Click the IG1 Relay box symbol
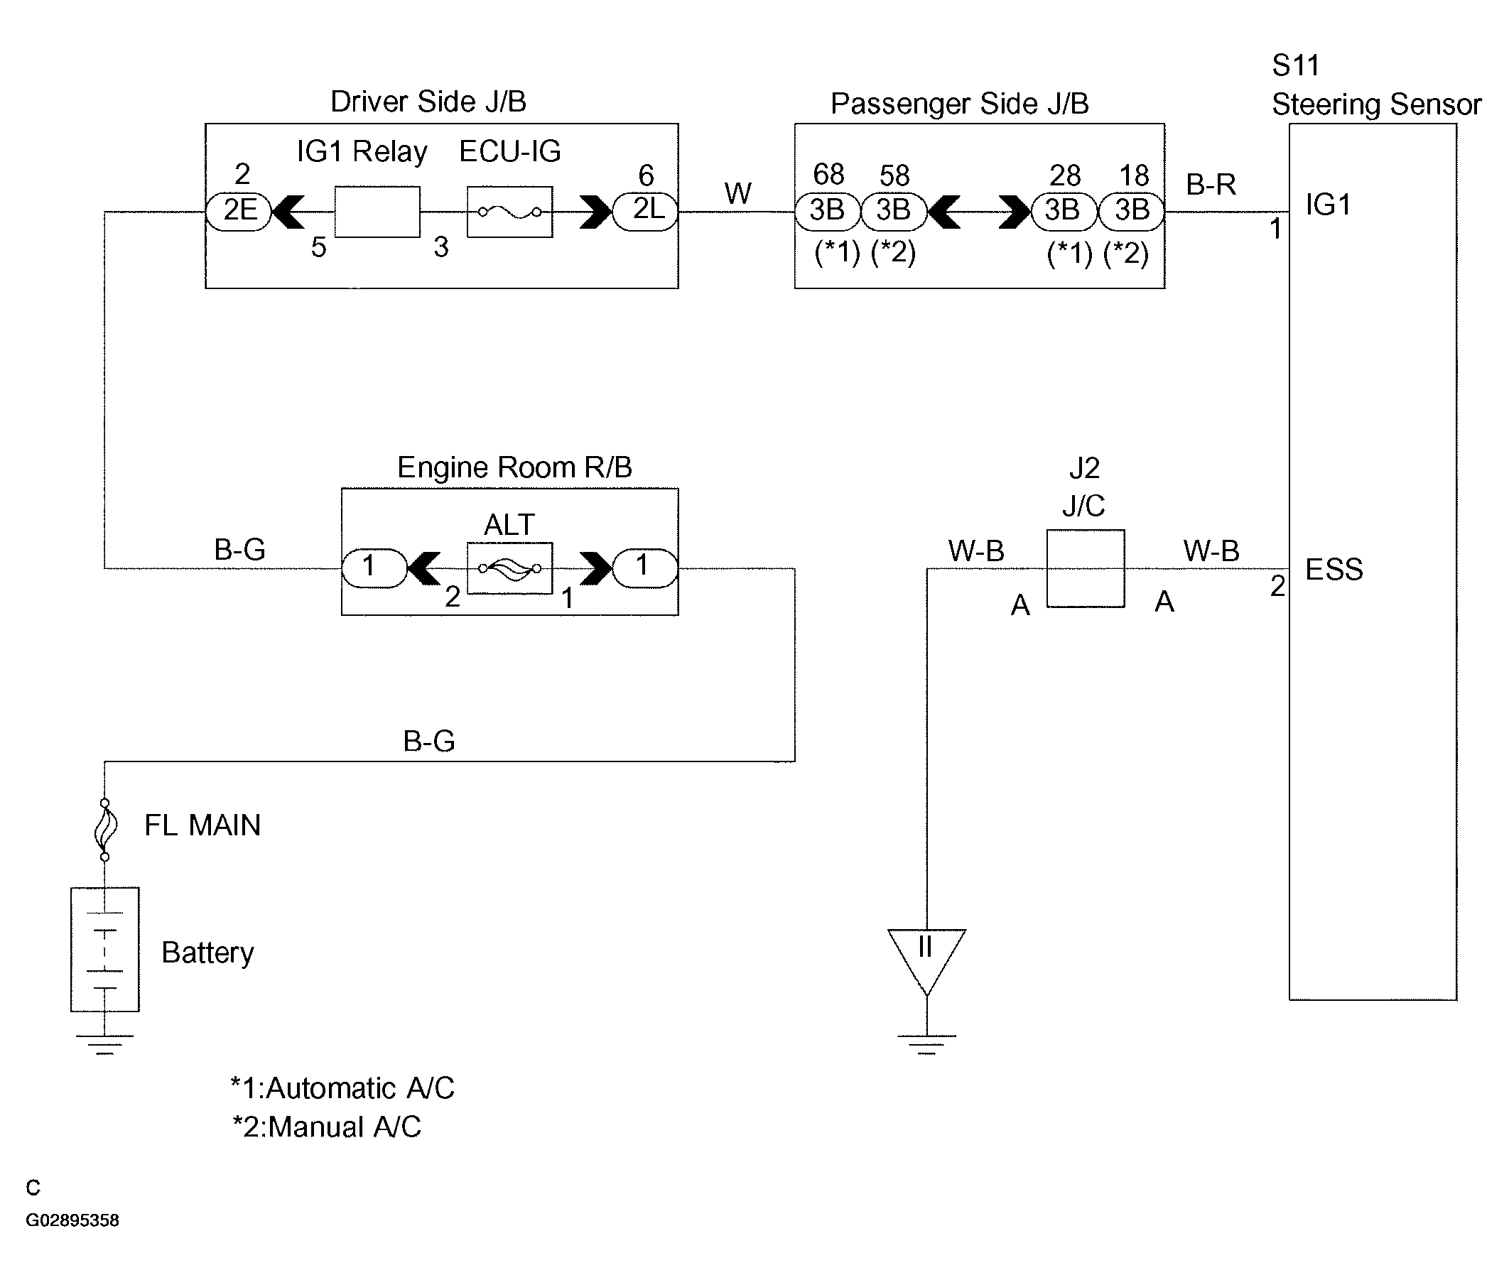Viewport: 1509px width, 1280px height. coord(377,212)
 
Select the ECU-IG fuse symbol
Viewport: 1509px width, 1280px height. coord(509,212)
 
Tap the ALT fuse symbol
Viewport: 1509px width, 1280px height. coord(509,568)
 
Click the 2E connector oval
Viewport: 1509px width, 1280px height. coord(239,211)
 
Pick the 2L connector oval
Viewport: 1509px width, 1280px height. coord(645,211)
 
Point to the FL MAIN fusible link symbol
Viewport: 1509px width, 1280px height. coord(105,830)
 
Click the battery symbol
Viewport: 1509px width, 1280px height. coord(104,949)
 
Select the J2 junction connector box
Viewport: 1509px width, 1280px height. coord(1085,568)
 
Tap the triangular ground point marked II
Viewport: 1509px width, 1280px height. coord(926,956)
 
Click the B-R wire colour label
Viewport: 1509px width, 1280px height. coord(1211,185)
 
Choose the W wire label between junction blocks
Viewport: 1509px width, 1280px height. coord(737,194)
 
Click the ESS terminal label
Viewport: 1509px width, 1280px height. coord(1334,570)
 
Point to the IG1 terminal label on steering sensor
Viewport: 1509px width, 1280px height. coord(1329,205)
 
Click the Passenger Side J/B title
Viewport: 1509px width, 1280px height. coord(959,104)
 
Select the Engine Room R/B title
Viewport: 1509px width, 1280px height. coord(514,467)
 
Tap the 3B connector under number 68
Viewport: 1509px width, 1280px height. coord(828,211)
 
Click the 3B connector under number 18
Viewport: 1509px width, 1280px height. coord(1132,211)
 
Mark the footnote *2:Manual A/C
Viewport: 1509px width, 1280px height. coord(327,1127)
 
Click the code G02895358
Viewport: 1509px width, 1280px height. coord(72,1220)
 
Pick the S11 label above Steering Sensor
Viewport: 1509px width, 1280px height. coord(1296,66)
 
